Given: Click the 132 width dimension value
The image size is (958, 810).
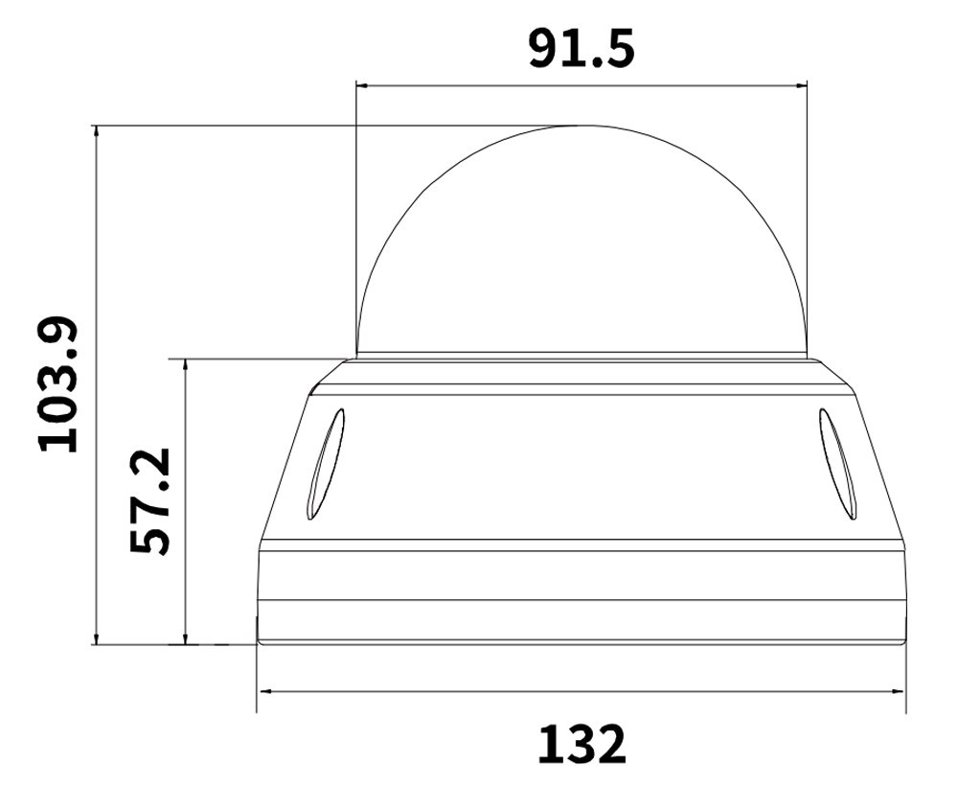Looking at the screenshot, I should [x=582, y=744].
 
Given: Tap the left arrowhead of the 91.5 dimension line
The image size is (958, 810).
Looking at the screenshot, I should [x=361, y=86].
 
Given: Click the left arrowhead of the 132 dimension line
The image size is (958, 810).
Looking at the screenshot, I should [x=263, y=689].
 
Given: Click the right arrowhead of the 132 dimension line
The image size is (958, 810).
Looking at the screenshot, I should [x=900, y=689].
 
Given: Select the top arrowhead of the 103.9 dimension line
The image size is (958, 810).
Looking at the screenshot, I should [x=96, y=131].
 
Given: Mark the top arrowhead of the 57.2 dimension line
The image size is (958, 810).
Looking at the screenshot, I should [x=185, y=365].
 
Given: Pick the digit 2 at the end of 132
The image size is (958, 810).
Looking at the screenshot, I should [x=610, y=744].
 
